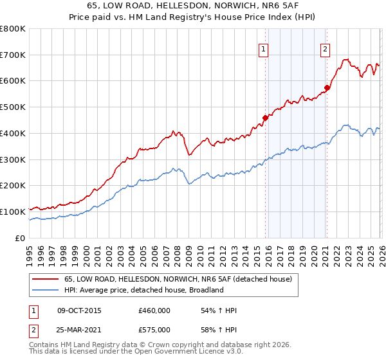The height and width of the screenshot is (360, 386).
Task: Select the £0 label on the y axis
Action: (21, 238)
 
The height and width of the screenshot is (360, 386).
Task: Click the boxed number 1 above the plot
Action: (264, 48)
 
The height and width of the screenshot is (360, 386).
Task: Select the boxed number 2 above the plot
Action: (326, 48)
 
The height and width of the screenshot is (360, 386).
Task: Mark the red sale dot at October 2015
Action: (265, 118)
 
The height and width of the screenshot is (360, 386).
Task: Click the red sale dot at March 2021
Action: (327, 87)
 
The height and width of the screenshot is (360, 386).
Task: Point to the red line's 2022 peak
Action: (345, 60)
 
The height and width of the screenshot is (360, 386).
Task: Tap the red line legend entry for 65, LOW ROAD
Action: (178, 279)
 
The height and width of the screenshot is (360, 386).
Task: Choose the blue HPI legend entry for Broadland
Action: (143, 290)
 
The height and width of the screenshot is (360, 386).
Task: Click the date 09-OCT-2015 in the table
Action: (79, 310)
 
